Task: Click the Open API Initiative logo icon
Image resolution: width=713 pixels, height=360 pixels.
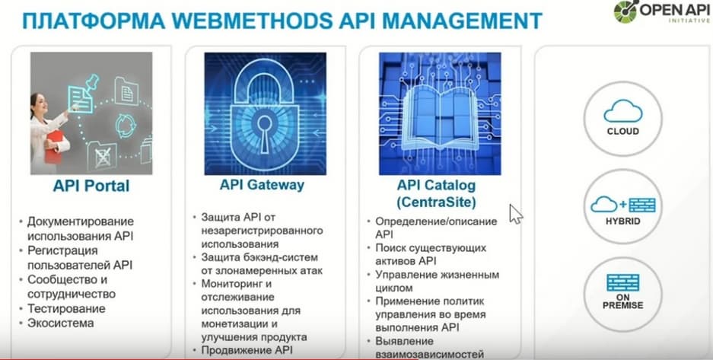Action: point(625,12)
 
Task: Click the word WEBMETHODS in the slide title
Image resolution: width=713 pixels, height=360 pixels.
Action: point(250,21)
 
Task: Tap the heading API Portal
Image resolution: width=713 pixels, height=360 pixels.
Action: point(91,186)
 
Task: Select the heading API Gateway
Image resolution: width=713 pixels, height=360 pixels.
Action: point(262,185)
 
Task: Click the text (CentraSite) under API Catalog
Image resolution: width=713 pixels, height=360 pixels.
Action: point(437,202)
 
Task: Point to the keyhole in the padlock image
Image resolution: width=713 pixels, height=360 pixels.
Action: point(264,132)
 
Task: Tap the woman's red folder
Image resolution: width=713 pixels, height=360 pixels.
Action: point(54,146)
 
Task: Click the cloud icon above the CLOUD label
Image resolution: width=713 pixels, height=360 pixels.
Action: point(623,111)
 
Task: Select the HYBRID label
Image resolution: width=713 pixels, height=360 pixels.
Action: point(622,221)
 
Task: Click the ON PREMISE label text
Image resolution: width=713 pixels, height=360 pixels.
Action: point(623,301)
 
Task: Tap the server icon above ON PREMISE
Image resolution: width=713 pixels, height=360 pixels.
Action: point(623,282)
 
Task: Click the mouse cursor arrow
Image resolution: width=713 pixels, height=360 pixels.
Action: point(515,214)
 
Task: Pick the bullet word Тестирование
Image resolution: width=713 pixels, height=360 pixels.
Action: point(66,309)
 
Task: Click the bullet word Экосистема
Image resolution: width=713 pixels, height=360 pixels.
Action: point(61,323)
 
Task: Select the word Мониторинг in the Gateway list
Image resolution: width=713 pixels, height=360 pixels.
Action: point(232,284)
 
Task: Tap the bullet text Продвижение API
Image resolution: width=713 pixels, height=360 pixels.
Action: point(247,350)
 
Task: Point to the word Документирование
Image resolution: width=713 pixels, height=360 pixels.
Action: point(81,221)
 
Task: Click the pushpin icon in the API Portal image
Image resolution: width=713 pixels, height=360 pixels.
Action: point(92,82)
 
